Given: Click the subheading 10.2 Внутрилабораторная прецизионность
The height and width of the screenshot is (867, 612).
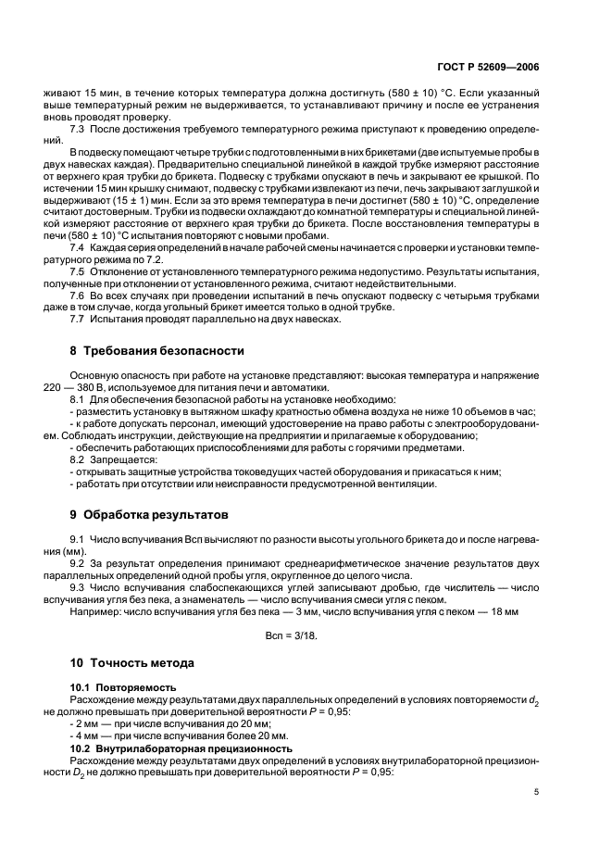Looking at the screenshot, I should tap(181, 748).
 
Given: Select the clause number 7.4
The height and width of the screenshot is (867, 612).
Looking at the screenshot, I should tap(80, 251).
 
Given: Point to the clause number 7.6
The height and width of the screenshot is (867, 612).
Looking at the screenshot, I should tap(80, 295).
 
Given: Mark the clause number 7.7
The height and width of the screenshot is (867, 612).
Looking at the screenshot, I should tap(80, 319).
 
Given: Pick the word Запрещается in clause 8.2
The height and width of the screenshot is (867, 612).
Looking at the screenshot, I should tap(123, 459).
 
